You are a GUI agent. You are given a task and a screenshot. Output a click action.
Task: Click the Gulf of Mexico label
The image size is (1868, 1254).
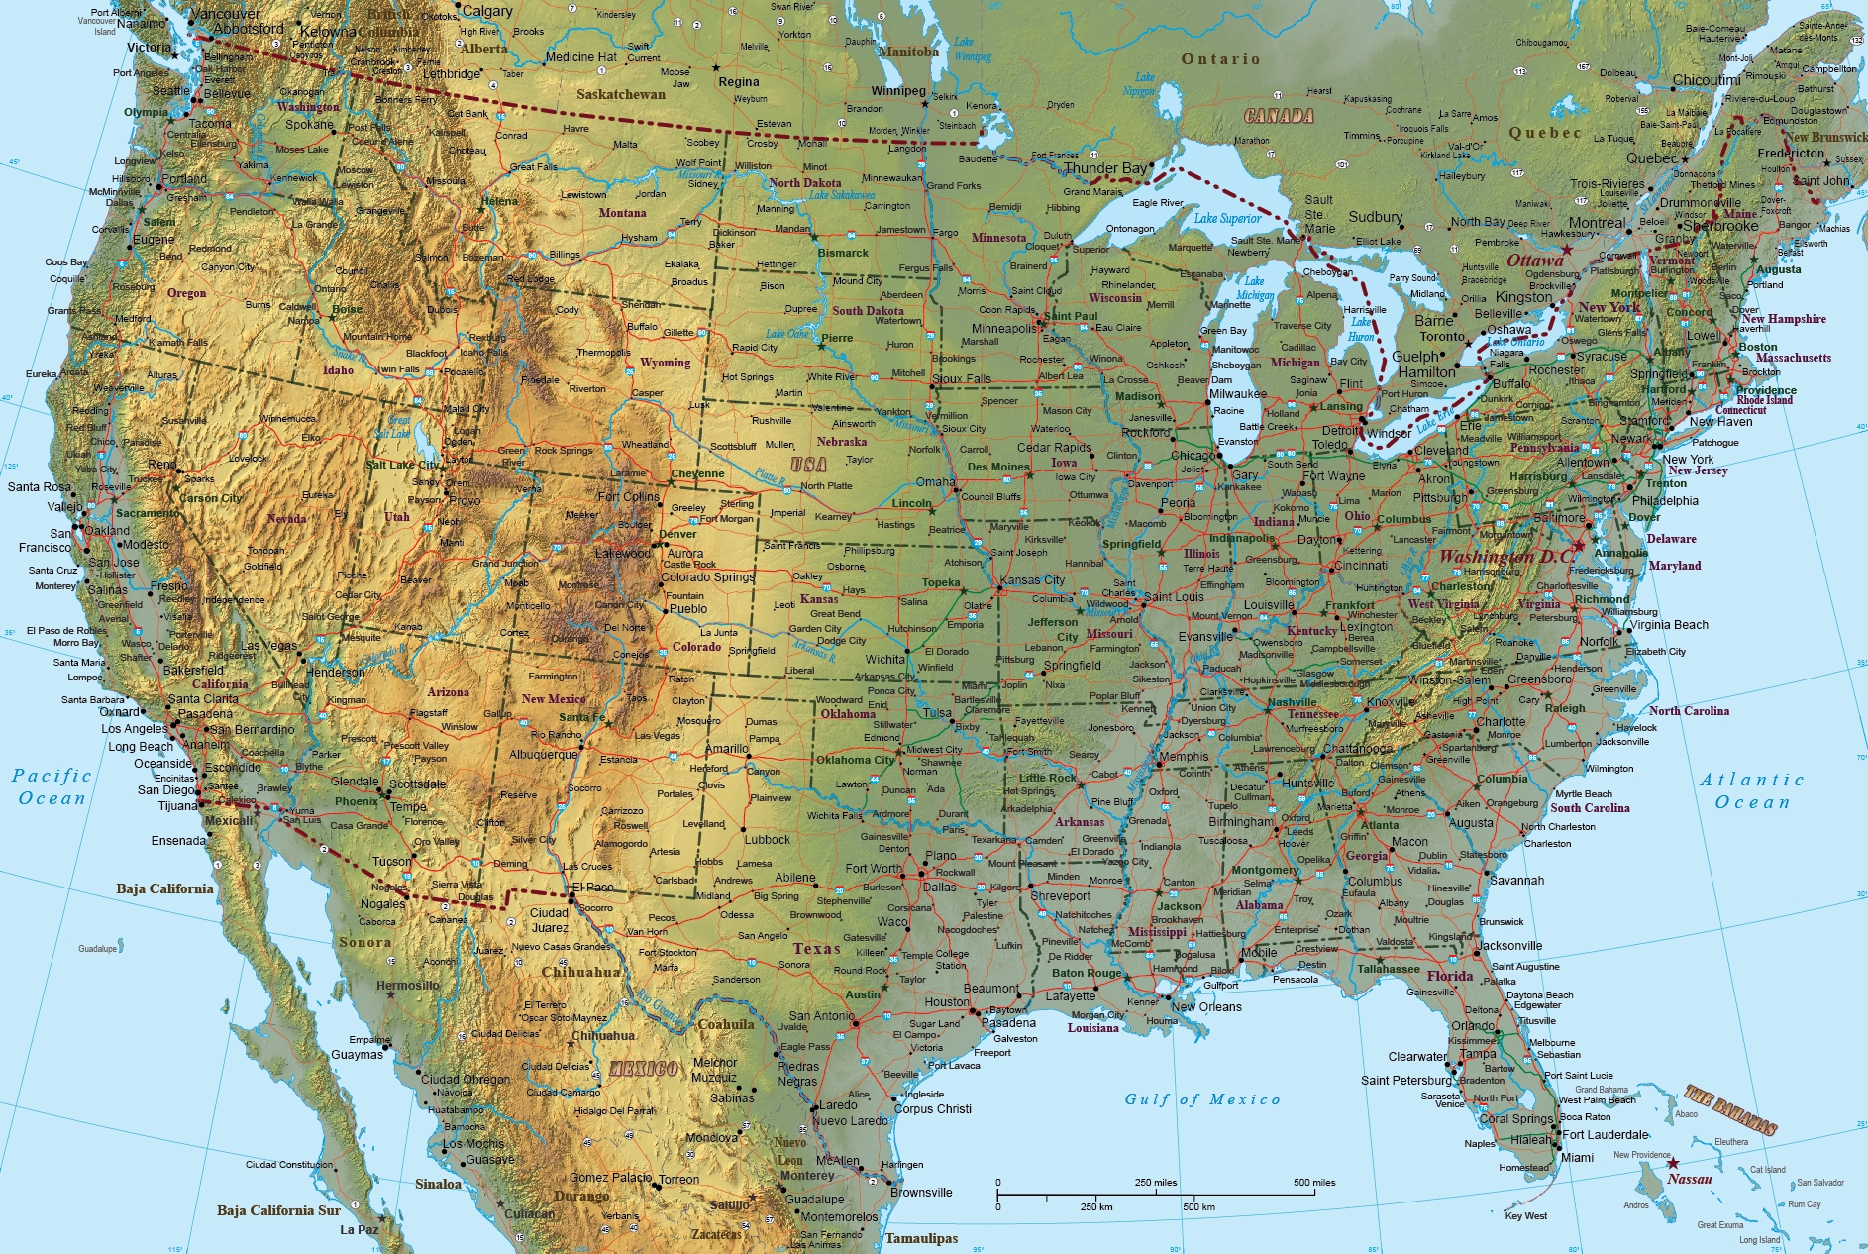(1201, 1099)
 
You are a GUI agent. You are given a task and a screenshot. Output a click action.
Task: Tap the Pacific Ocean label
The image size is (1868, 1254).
(52, 787)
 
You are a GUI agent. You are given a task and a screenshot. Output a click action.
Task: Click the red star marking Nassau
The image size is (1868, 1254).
(1673, 1164)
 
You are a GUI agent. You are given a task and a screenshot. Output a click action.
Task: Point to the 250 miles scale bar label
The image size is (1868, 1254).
(1156, 1183)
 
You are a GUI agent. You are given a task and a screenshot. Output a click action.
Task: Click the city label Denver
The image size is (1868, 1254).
(678, 534)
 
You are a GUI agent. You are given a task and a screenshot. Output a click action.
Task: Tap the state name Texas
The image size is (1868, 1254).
(816, 949)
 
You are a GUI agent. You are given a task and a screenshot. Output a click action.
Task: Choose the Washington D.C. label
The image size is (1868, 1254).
(1505, 557)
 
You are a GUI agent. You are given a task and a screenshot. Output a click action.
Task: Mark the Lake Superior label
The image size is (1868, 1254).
(1227, 218)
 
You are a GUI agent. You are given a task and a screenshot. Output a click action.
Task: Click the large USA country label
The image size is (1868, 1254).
(808, 465)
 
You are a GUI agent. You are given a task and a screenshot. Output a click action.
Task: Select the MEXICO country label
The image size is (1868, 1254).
(644, 1069)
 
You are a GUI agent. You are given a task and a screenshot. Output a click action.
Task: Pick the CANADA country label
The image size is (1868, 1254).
(1279, 116)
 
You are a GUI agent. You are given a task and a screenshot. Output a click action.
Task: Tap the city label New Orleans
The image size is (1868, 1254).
(1206, 1007)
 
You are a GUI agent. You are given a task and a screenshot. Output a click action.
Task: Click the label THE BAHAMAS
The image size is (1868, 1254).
(1730, 1109)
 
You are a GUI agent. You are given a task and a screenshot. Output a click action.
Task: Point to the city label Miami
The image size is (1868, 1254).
(1577, 1158)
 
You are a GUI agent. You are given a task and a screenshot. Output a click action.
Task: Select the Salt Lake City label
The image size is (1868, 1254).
(402, 465)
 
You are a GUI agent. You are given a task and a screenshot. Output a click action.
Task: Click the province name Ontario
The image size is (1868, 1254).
(1220, 59)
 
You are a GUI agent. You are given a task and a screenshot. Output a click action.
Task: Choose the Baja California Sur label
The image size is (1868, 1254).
(278, 1210)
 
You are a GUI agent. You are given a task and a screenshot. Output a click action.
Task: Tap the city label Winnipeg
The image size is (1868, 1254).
(898, 91)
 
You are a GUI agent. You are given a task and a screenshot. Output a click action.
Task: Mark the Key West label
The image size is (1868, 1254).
(1525, 1216)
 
